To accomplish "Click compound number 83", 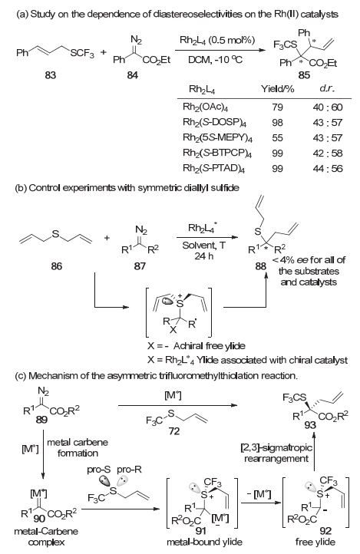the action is pos(51,75).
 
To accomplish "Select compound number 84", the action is pos(133,75).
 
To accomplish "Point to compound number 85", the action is pos(304,75).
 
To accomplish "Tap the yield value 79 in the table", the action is pos(277,107).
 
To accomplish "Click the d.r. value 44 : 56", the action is pos(328,169).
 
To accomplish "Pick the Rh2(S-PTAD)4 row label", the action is pos(214,169).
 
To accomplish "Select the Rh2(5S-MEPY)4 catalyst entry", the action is pos(218,138).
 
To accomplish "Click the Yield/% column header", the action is pos(278,89).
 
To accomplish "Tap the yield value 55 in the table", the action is pos(277,138).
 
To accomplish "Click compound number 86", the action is pos(57,265).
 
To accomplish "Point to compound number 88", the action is pos(261,265).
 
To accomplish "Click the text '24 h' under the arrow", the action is pos(204,256).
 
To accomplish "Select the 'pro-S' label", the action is pos(98,470).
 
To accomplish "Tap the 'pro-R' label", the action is pos(129,470).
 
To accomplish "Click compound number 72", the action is pos(174,431).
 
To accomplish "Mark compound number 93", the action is pos(310,425).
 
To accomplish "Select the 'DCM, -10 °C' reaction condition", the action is pos(215,59).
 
